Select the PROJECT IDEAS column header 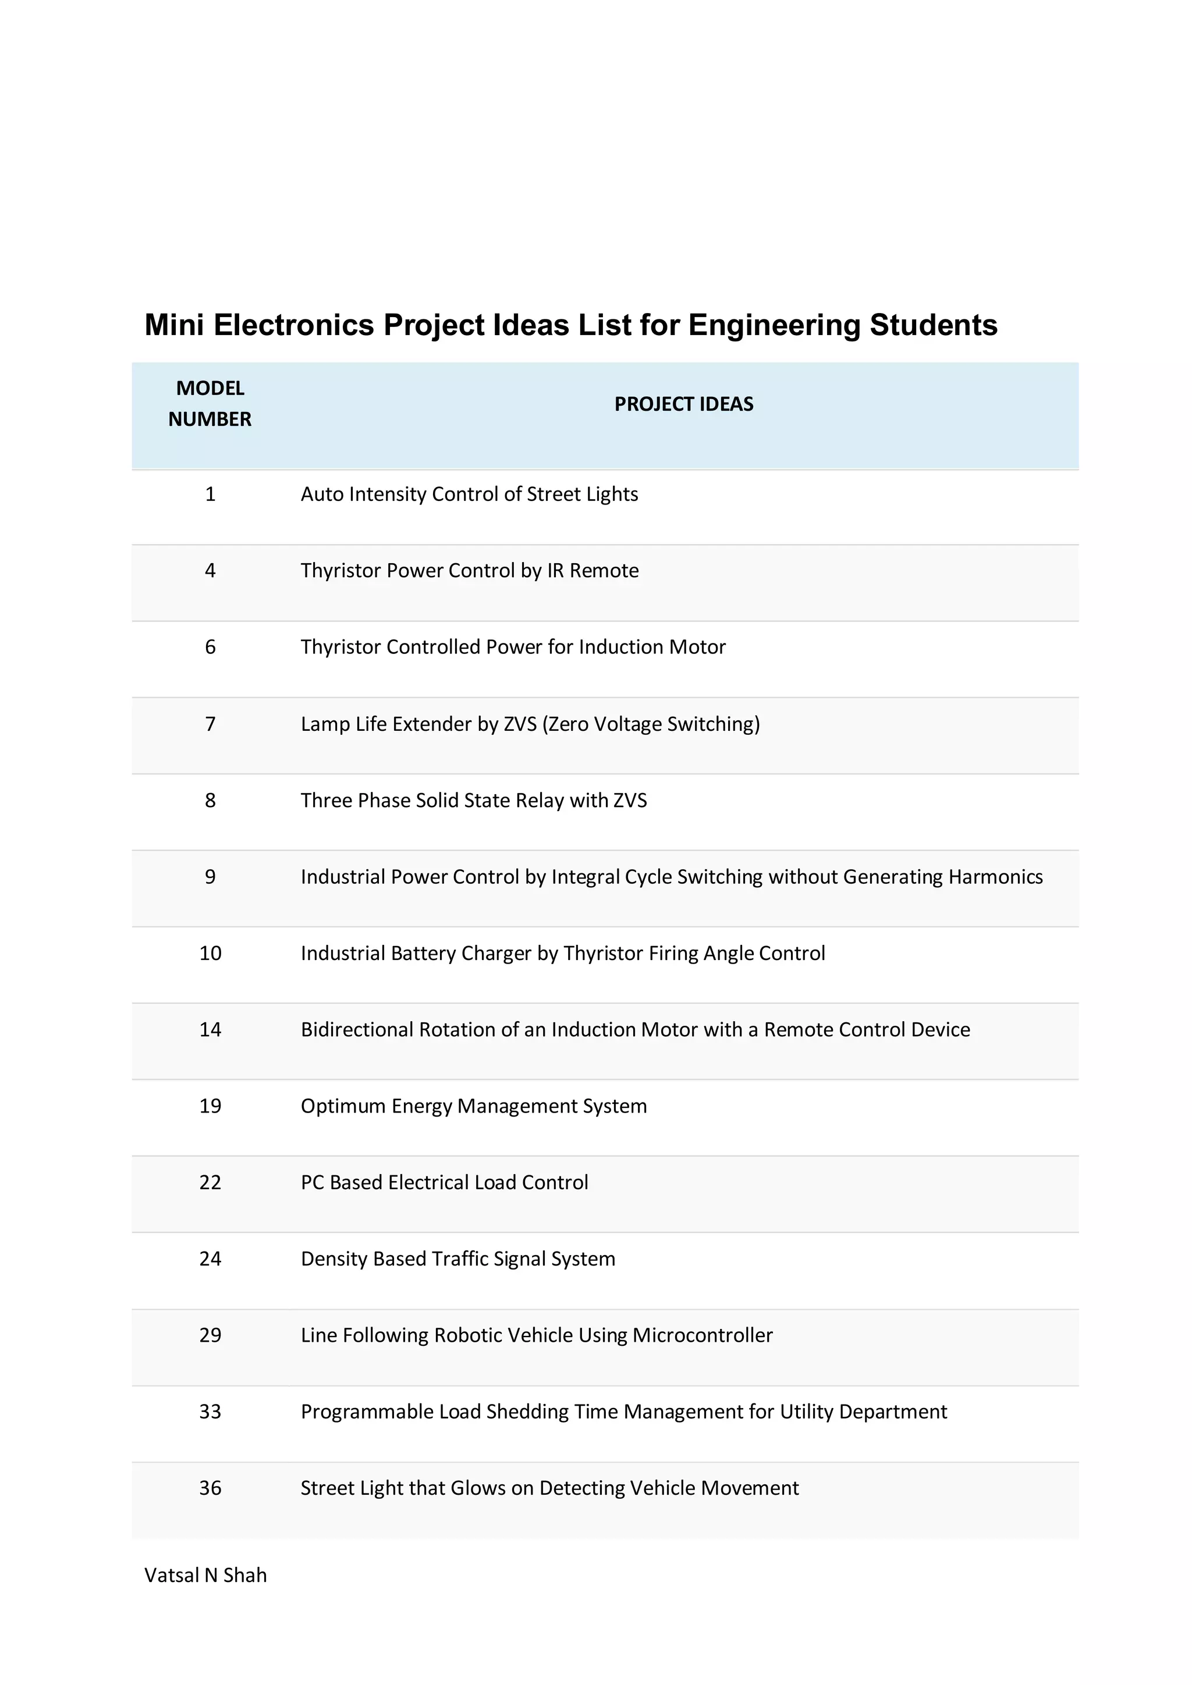tap(683, 404)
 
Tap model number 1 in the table tap(210, 494)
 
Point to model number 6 tap(210, 646)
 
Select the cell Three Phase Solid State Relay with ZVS tap(473, 800)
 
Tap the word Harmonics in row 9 tap(995, 876)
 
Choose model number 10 tap(210, 952)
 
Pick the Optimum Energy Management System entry tap(473, 1105)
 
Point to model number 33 tap(210, 1412)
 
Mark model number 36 tap(210, 1488)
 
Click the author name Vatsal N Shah tap(205, 1575)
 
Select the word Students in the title tap(933, 325)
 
